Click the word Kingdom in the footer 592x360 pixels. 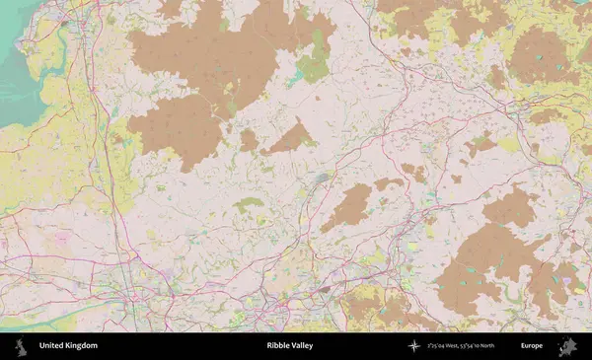tap(82, 346)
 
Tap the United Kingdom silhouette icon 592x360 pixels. tap(20, 346)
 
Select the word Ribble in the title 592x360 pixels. tap(277, 346)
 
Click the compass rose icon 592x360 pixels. tap(413, 346)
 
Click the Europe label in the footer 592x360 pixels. tap(532, 346)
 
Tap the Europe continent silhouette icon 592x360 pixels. tap(567, 346)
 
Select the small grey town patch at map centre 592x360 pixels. tap(322, 179)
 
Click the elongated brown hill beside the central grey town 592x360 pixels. tap(347, 207)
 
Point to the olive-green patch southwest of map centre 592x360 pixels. tap(249, 204)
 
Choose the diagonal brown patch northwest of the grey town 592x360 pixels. tap(291, 137)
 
